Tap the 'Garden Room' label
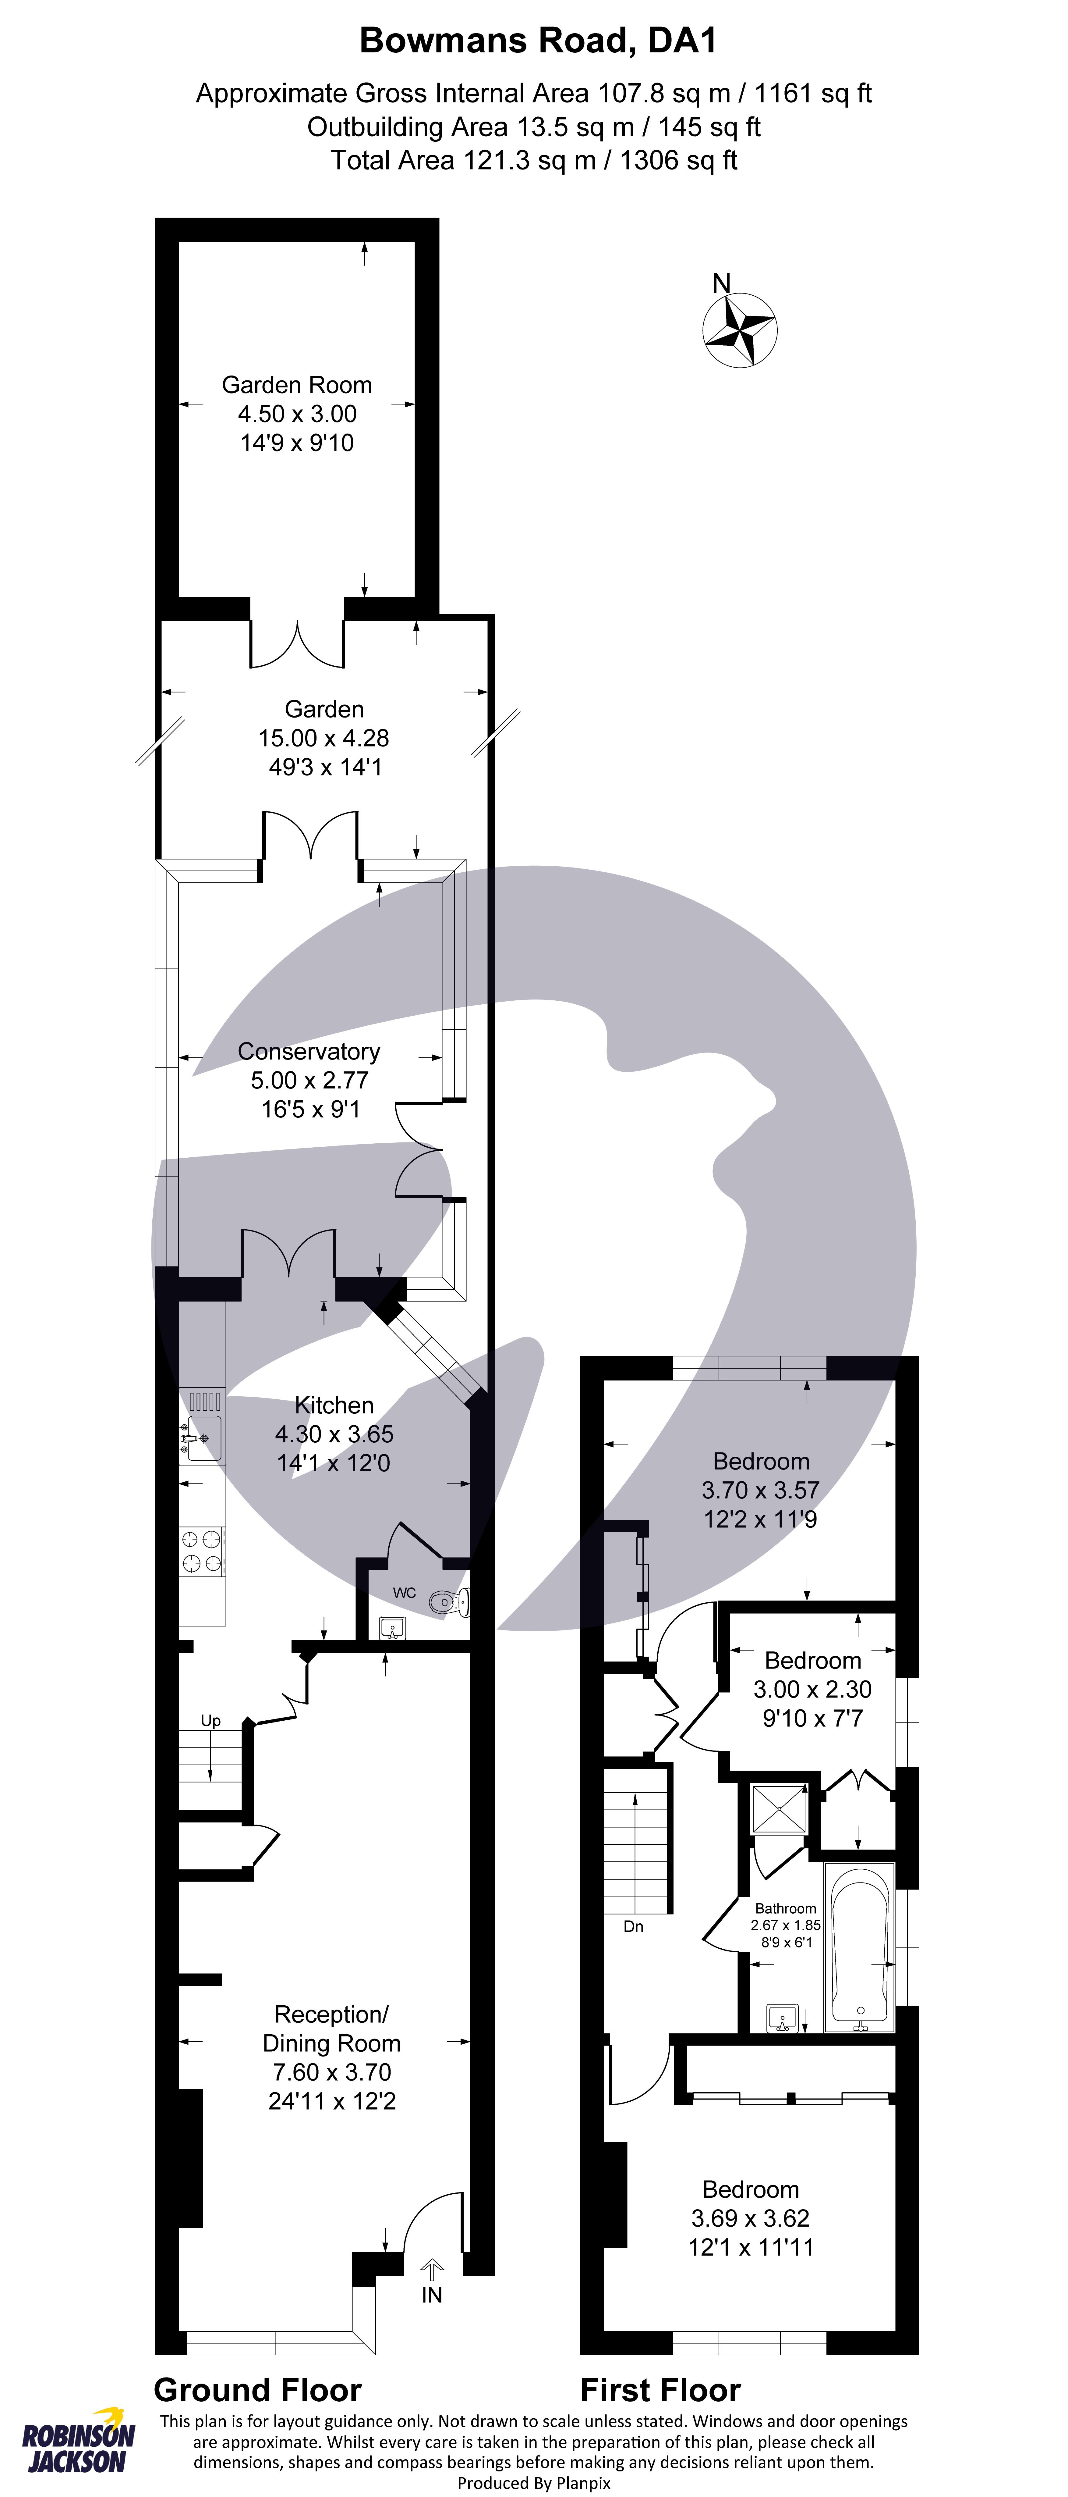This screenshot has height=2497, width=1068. pyautogui.click(x=297, y=385)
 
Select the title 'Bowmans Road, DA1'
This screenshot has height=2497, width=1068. pyautogui.click(x=538, y=41)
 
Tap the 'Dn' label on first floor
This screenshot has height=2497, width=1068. pyautogui.click(x=633, y=1926)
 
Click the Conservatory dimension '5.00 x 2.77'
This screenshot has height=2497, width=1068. pyautogui.click(x=309, y=1080)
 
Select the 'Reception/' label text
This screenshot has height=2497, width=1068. pyautogui.click(x=331, y=2014)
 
